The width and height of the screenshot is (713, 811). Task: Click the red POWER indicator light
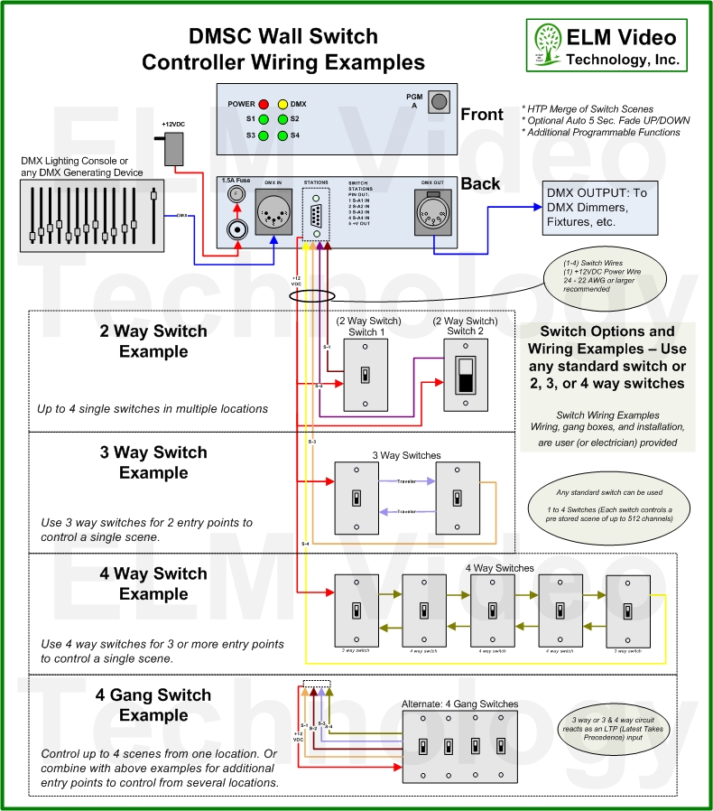click(264, 104)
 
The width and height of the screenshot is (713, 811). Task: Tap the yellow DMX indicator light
click(282, 104)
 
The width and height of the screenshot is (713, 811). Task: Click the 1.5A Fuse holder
click(237, 194)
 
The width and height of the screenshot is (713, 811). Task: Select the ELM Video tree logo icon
click(546, 43)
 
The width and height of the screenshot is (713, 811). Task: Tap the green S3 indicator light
click(264, 135)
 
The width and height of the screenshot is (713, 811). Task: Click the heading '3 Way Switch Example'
click(153, 462)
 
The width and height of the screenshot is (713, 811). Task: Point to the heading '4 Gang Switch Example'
click(153, 704)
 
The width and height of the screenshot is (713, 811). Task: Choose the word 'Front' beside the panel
click(482, 115)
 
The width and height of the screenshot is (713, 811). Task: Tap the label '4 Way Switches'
click(500, 568)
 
